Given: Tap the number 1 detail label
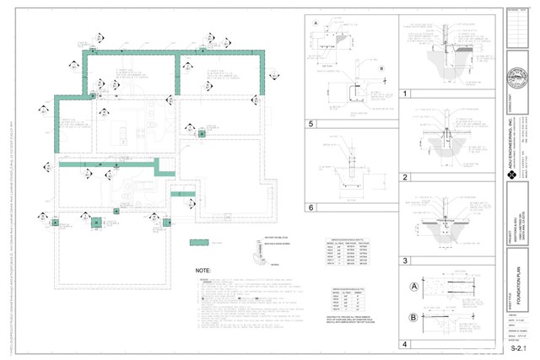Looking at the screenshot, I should point(406,94).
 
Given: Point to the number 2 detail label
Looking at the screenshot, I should point(406,176).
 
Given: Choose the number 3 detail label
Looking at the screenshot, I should point(406,261).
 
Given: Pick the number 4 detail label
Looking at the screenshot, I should point(406,344).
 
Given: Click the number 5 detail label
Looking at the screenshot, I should point(311,123).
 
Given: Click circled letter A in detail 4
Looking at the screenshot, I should point(413,286).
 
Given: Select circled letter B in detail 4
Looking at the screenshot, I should point(413,318).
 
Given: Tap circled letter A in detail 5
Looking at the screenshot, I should point(314,22).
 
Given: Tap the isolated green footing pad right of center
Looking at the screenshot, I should point(201,133).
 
